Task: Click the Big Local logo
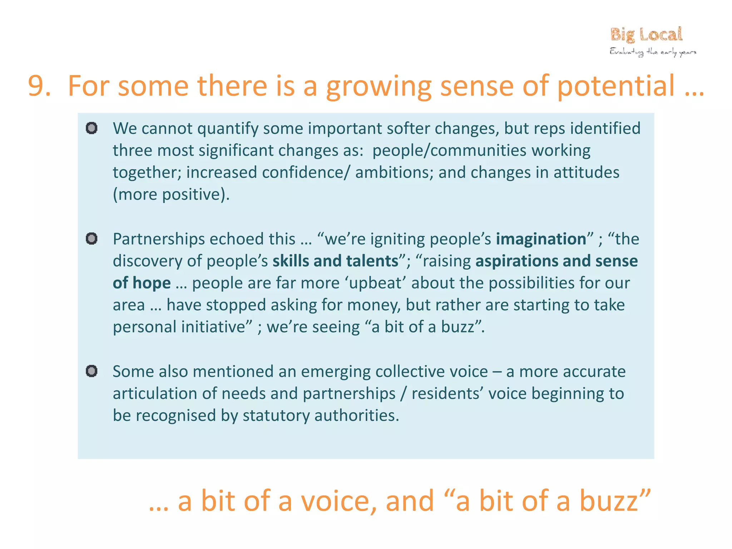[x=646, y=35]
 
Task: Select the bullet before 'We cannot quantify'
[x=92, y=128]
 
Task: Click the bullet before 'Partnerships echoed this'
[x=92, y=238]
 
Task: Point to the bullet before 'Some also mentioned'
[x=92, y=371]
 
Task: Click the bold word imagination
[x=541, y=239]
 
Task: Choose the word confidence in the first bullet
[x=303, y=173]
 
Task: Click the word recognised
[x=176, y=416]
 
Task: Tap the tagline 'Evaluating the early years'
[x=653, y=52]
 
